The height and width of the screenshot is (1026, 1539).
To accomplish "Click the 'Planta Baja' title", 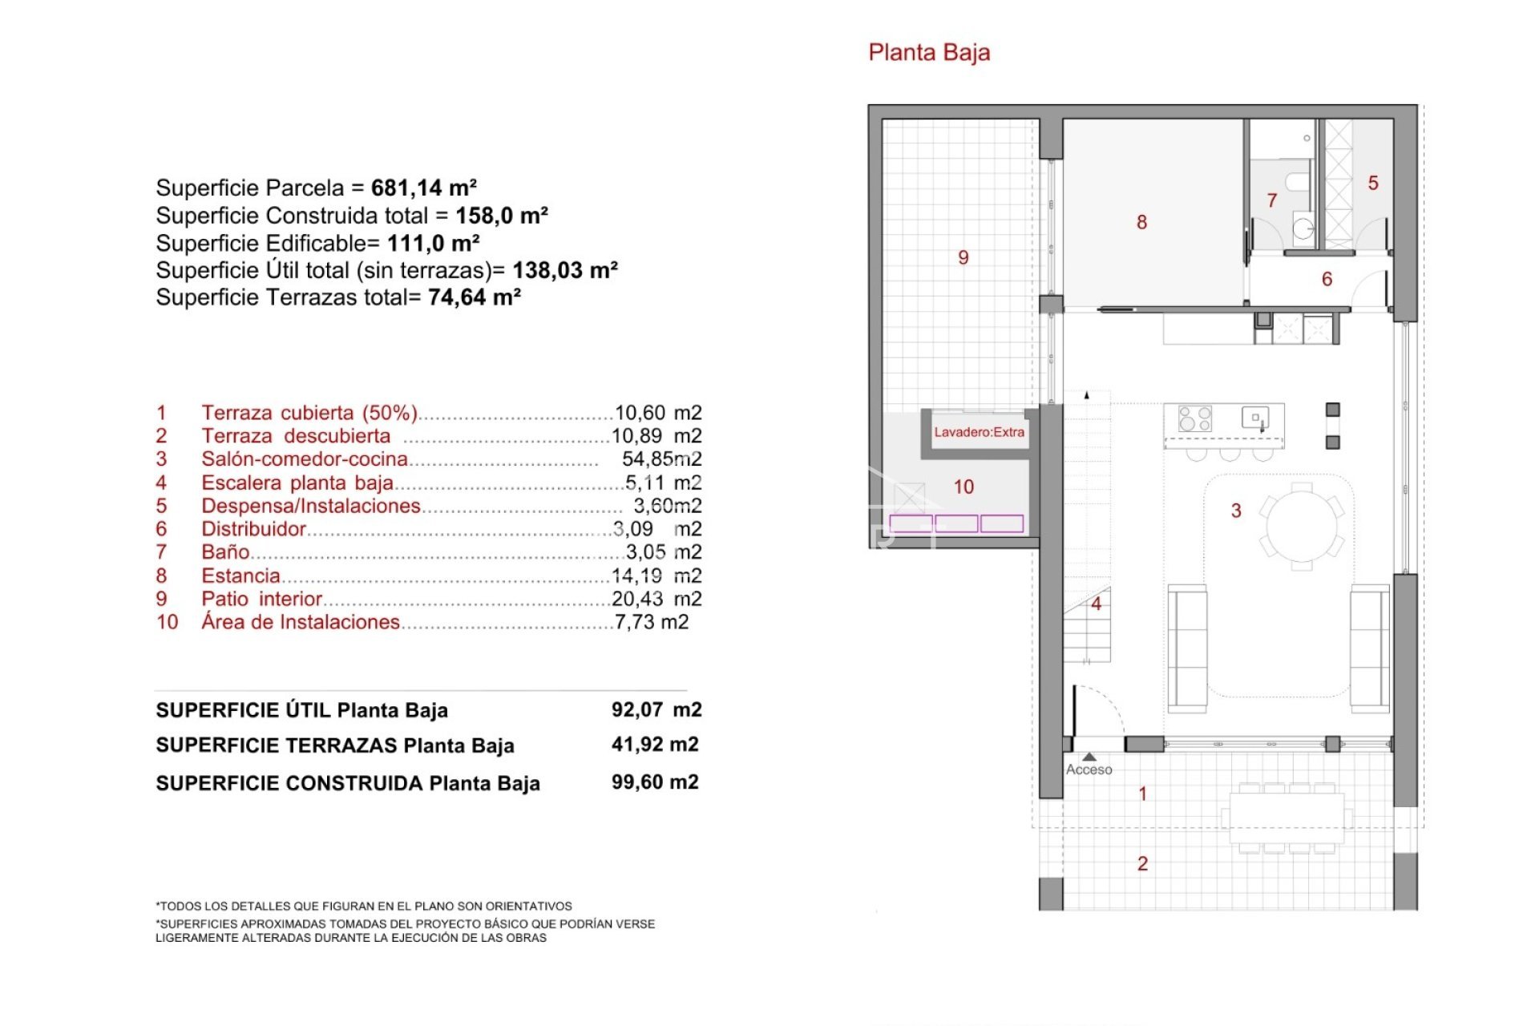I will click(929, 53).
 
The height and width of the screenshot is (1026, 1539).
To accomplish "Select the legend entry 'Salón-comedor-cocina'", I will click(304, 459).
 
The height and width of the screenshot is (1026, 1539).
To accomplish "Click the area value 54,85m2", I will click(661, 459).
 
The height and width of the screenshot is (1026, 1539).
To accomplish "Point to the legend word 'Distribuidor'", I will click(253, 529).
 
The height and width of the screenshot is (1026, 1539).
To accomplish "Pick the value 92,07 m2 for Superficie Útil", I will click(656, 710).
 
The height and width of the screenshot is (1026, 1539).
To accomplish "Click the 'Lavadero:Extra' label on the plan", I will click(979, 433).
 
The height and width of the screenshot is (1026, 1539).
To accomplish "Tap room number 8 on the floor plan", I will click(1141, 222).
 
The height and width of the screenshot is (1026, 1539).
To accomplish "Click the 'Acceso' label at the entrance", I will click(1089, 769).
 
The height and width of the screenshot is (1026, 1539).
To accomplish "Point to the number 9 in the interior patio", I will click(963, 257).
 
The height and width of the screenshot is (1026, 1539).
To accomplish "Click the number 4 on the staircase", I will click(1096, 604).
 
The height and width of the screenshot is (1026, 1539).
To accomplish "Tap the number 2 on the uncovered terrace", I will click(1142, 864).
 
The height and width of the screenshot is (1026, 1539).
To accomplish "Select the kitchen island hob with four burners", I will click(1194, 418).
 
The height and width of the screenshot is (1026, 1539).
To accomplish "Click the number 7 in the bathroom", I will click(1271, 200).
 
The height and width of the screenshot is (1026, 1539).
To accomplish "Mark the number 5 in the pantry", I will click(1373, 184).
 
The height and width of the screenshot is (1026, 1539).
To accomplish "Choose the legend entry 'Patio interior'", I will click(261, 600).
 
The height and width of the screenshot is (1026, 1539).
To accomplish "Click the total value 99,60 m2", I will click(654, 782).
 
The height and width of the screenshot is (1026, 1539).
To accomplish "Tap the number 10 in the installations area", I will click(963, 487).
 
